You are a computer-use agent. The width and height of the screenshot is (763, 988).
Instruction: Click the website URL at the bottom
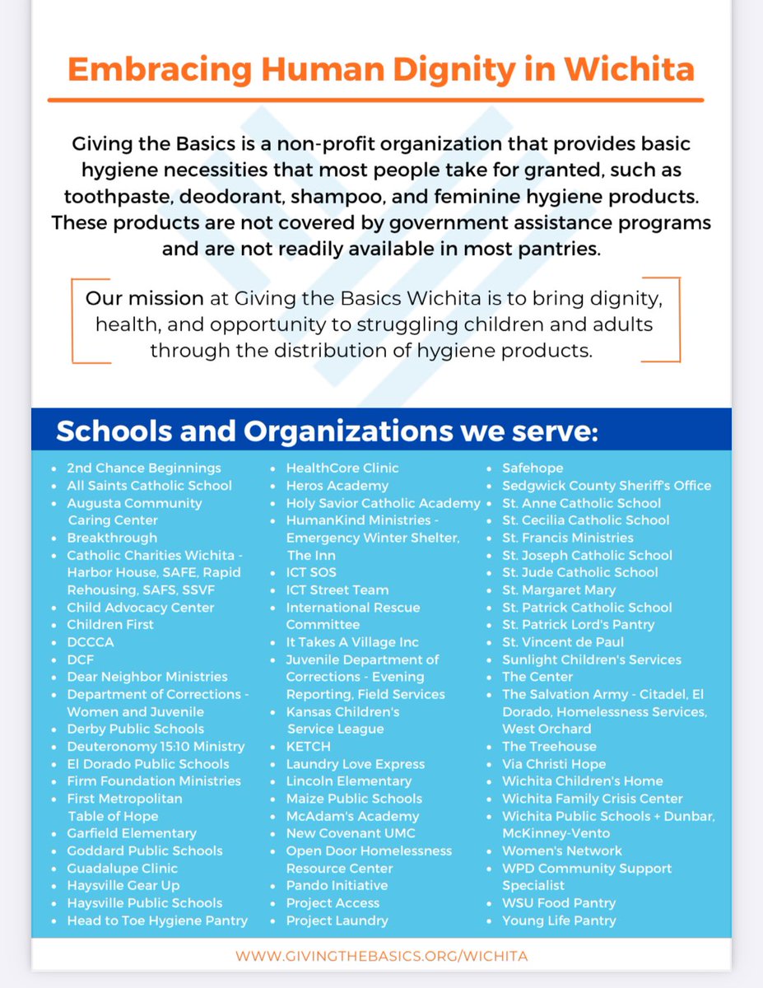[x=381, y=956]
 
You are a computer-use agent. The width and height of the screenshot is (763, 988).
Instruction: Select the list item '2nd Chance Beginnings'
[x=143, y=468]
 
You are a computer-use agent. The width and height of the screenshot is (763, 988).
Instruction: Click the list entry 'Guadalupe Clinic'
[x=122, y=868]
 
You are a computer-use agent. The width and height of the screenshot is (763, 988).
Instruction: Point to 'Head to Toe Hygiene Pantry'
[x=156, y=920]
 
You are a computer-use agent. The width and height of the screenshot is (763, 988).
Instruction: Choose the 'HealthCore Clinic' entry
[x=342, y=468]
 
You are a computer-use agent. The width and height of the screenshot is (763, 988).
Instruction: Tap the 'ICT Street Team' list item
[x=337, y=590]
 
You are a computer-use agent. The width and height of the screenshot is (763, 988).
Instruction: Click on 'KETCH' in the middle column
[x=308, y=746]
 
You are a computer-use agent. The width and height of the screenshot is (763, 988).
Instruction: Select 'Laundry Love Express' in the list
[x=355, y=764]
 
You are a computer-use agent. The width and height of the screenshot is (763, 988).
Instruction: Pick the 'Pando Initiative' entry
[x=337, y=885]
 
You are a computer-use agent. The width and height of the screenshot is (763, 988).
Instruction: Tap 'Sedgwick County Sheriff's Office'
[x=606, y=485]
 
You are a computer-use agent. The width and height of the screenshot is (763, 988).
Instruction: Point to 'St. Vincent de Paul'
[x=563, y=641]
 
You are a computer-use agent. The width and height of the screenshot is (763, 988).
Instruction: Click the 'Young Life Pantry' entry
[x=559, y=920]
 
